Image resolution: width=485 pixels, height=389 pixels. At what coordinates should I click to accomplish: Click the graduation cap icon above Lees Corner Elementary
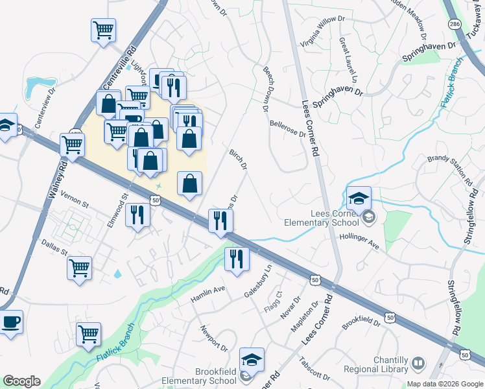[359, 199]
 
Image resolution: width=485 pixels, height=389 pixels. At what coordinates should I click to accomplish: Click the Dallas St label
[54, 248]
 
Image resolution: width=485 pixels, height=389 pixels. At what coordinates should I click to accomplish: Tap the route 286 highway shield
[455, 23]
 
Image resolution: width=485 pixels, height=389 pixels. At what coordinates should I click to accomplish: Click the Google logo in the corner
[21, 381]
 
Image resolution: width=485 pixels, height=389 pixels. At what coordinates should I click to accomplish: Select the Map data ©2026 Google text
[445, 384]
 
